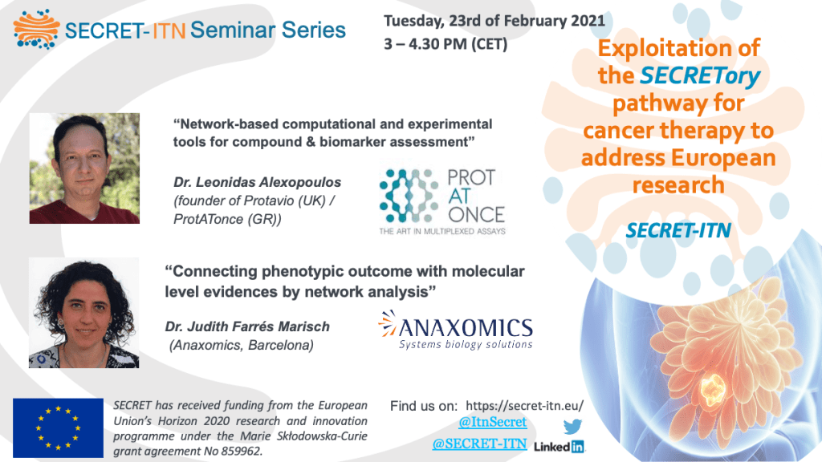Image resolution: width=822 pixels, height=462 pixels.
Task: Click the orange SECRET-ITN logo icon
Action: [x=36, y=30]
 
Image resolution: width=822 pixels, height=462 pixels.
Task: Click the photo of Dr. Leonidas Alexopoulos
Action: [x=84, y=168]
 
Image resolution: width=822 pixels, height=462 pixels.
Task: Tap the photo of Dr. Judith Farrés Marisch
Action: [x=83, y=313]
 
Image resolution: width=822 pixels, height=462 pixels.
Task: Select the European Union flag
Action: [x=58, y=428]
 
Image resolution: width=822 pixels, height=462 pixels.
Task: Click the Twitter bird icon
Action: [x=572, y=427]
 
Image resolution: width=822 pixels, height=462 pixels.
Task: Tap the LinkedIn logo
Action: [x=559, y=447]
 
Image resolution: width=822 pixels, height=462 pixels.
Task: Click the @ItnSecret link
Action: [x=492, y=422]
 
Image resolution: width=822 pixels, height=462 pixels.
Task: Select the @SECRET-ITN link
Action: [x=479, y=444]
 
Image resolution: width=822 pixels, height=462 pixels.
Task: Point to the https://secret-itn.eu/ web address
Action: [x=524, y=406]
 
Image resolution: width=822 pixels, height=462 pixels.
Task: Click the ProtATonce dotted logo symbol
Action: [x=409, y=196]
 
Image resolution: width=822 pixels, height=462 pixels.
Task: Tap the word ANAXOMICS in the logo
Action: [x=466, y=328]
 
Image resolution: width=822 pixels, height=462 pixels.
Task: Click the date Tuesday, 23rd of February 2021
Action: [x=494, y=21]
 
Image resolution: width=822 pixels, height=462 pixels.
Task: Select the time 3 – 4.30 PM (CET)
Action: [x=446, y=44]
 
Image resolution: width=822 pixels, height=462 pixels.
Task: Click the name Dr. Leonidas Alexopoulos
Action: [x=258, y=182]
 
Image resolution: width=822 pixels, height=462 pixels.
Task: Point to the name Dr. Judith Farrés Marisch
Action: [x=247, y=327]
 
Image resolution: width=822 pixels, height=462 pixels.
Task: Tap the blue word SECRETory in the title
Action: [x=700, y=76]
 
